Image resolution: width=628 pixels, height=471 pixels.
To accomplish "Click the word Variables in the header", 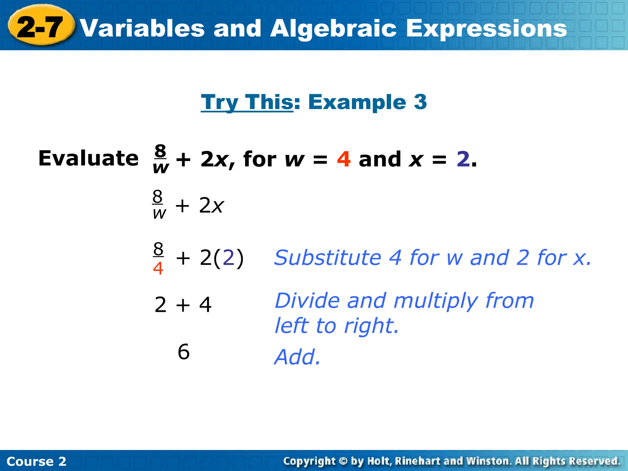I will click(142, 28).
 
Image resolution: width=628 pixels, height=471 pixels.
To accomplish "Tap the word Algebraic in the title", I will click(333, 28).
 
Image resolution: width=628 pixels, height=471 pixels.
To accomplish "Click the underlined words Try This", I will click(247, 102).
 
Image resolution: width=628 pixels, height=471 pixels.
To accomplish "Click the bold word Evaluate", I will click(88, 159).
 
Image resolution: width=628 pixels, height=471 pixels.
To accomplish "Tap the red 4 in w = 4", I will click(344, 159).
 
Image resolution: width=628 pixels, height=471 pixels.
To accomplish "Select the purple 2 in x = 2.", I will click(463, 159).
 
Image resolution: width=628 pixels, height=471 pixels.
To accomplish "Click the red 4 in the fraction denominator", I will click(158, 268).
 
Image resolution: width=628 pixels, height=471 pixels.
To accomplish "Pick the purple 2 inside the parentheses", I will click(229, 258).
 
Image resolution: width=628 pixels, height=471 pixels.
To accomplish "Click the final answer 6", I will click(184, 352).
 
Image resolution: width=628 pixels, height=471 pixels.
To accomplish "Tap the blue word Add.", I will click(297, 357).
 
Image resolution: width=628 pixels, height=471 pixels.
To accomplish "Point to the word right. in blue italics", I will click(371, 326).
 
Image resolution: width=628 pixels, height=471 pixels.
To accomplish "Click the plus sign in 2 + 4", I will click(183, 305).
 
